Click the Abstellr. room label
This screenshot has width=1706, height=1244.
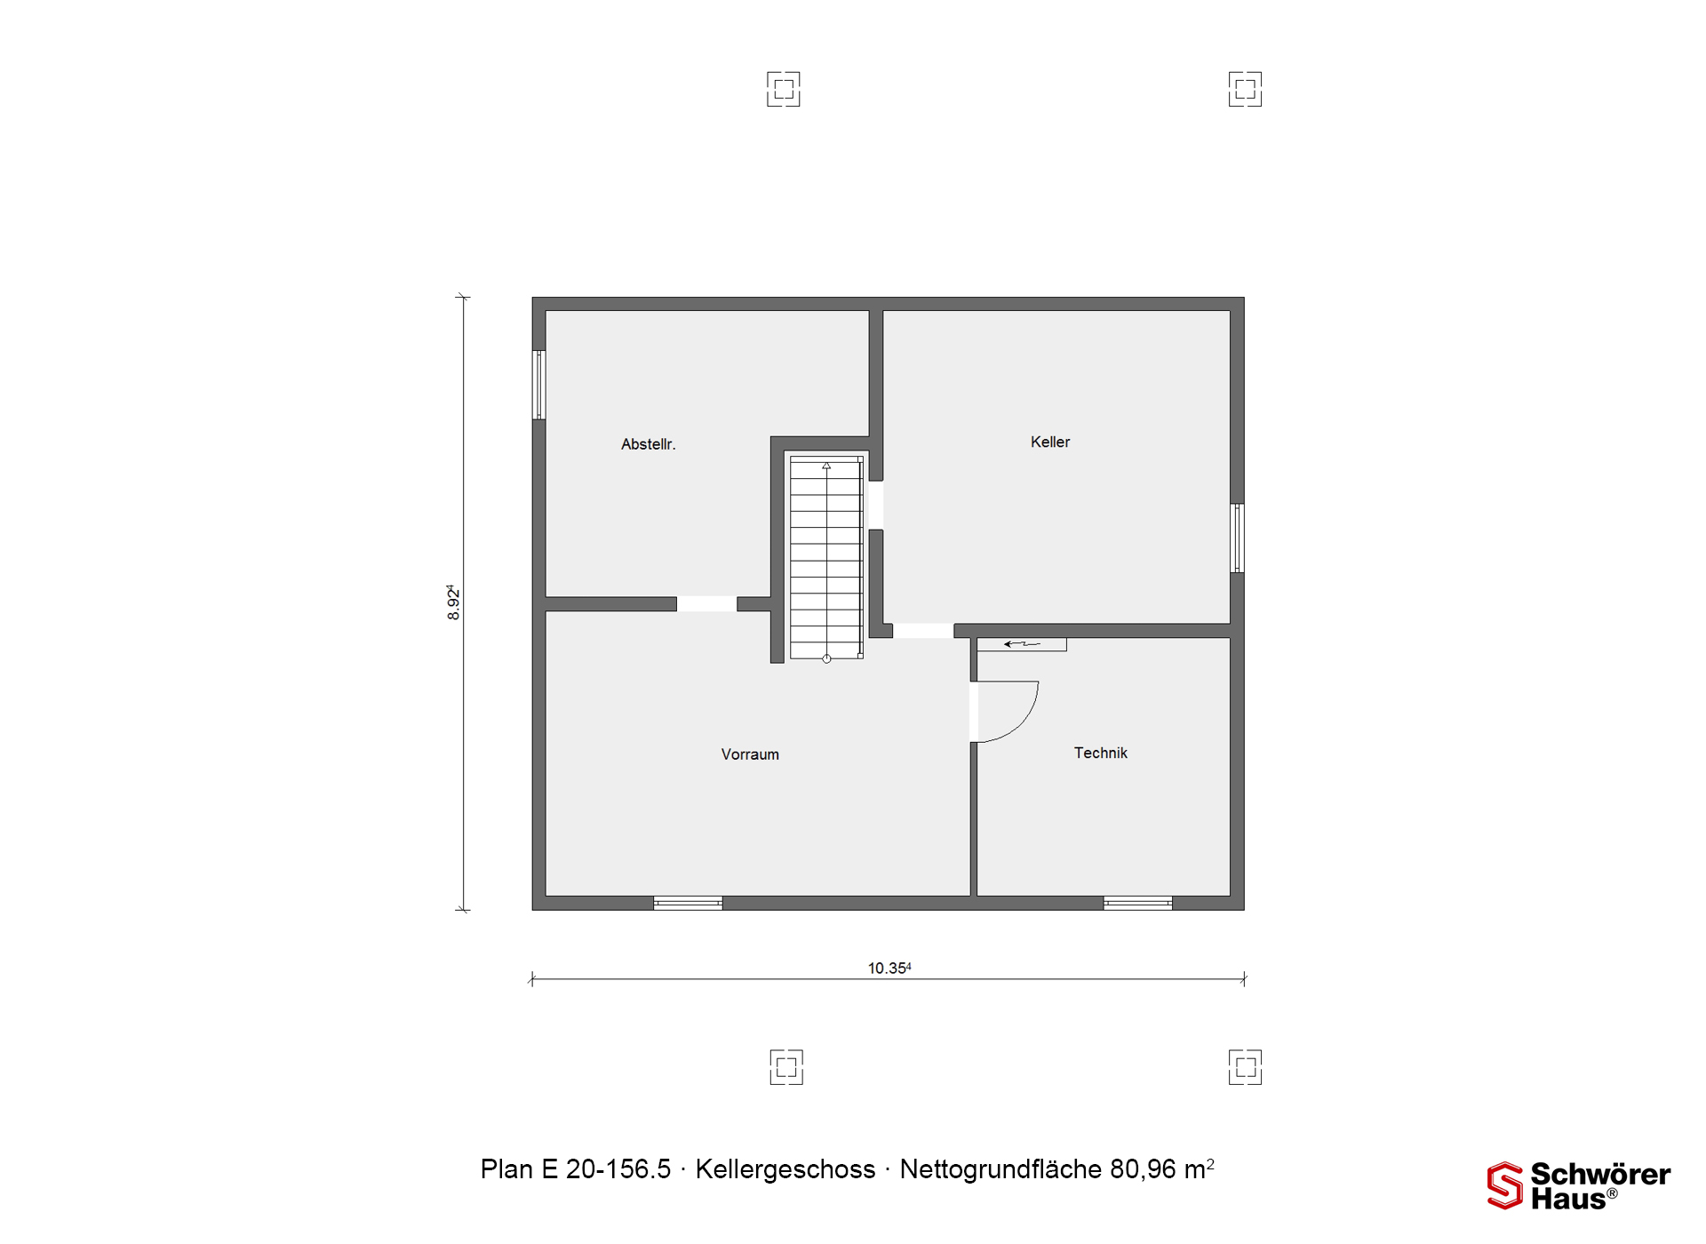648,444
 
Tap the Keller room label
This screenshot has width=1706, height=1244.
1050,442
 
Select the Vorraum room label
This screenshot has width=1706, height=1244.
750,754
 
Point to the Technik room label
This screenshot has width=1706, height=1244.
1100,753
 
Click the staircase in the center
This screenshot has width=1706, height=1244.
826,558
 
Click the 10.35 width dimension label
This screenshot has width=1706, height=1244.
889,968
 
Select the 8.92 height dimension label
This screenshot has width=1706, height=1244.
453,602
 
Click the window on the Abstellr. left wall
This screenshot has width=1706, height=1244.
538,385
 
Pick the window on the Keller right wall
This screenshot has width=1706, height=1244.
1237,538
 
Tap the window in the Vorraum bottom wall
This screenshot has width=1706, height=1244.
688,903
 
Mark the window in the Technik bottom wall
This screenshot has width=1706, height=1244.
1137,903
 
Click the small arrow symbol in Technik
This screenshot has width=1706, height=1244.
1021,644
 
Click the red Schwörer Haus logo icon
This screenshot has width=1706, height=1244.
1504,1185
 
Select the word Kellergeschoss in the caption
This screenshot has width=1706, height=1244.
785,1169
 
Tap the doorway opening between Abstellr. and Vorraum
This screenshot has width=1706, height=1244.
706,604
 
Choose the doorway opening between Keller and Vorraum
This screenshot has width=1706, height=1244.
923,631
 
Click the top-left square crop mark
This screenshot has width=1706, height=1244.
784,89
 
